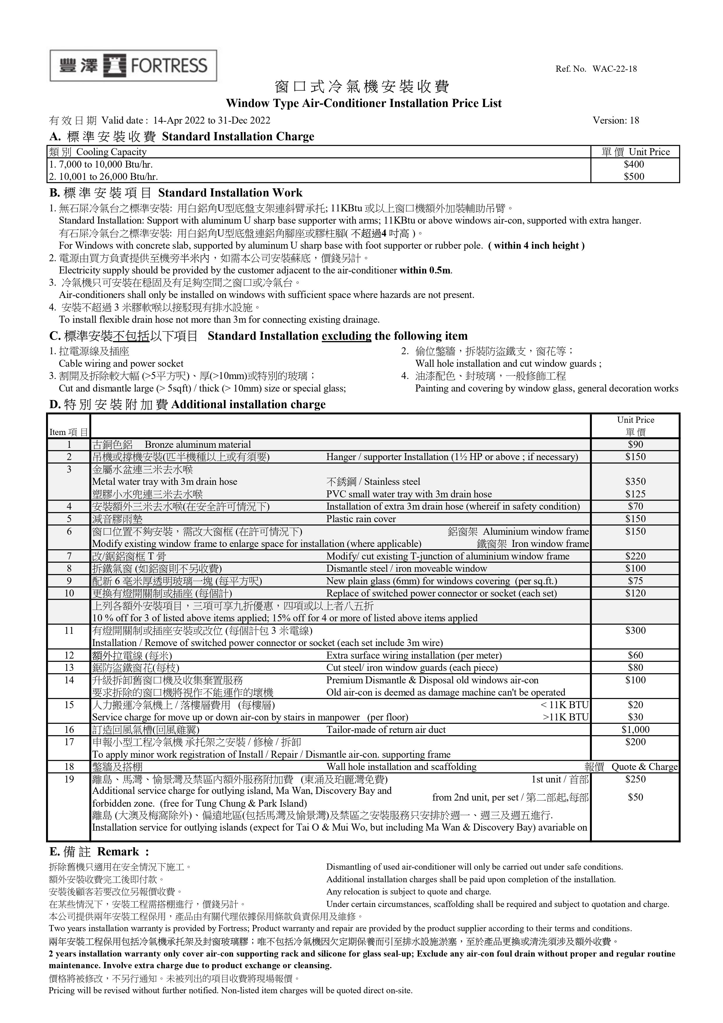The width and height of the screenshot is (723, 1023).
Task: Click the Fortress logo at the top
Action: tap(133, 66)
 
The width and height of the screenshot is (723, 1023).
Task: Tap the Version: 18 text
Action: tap(616, 120)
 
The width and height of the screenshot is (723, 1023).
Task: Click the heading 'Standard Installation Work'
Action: tap(230, 193)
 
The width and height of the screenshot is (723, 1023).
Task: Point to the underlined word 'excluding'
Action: tap(346, 336)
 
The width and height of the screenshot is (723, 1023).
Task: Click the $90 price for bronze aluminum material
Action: tap(635, 444)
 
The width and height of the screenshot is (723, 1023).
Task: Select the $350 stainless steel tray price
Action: tap(635, 482)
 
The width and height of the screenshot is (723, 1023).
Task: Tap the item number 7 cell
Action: tap(69, 556)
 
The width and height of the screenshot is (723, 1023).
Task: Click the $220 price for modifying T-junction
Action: tap(635, 556)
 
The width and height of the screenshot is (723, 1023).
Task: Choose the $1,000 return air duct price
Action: tap(635, 729)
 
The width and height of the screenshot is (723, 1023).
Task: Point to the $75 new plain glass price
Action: tap(635, 581)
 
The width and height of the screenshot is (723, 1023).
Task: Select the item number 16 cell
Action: tap(69, 729)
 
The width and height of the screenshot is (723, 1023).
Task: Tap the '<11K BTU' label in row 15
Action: tap(564, 705)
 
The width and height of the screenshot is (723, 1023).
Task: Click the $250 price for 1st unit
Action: tap(635, 779)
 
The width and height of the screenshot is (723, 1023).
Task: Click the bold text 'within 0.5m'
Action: tap(425, 271)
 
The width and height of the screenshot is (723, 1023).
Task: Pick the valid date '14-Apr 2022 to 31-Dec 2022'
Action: tap(212, 120)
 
